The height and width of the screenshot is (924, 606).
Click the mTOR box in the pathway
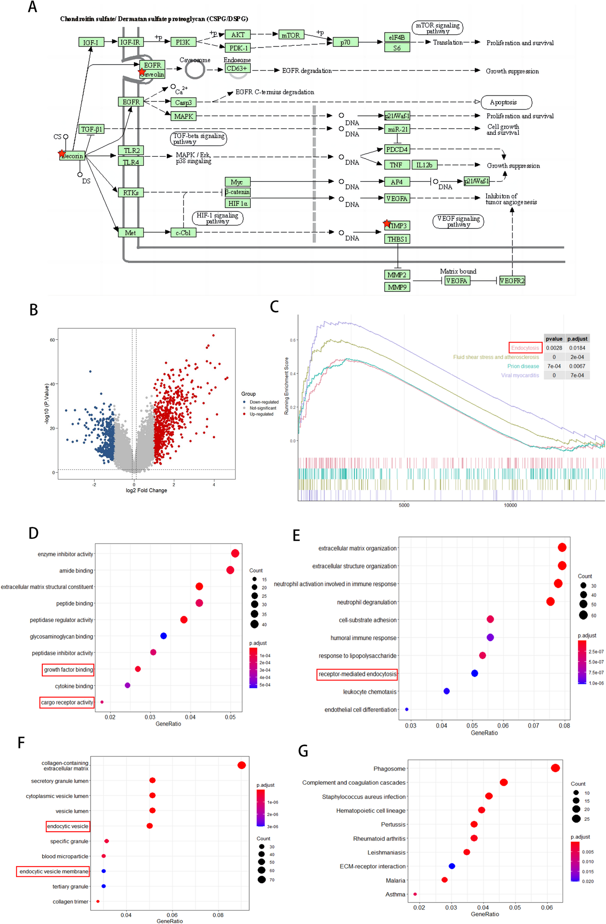(x=291, y=35)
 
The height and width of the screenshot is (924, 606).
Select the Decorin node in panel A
(x=72, y=156)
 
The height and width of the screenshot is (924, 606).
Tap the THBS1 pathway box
(x=397, y=239)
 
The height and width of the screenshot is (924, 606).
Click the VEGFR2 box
(x=512, y=281)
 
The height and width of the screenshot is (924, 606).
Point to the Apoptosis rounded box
(x=506, y=102)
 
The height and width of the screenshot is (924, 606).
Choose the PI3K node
(x=183, y=42)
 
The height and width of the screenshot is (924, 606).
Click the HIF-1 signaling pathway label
(x=218, y=218)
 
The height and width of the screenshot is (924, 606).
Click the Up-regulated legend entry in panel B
(x=261, y=414)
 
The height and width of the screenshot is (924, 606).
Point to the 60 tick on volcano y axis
(x=52, y=340)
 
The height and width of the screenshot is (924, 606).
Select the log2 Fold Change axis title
(x=146, y=490)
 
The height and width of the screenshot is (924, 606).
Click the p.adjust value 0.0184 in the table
(x=577, y=348)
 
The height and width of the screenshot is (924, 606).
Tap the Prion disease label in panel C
(x=523, y=366)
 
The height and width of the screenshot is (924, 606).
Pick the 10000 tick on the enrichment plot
(x=510, y=505)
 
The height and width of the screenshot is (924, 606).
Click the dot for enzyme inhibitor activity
(x=235, y=553)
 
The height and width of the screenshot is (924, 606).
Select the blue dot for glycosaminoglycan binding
(x=164, y=636)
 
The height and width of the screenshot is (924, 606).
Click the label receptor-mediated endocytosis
(x=357, y=674)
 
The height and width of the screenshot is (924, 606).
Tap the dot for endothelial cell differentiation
(x=407, y=709)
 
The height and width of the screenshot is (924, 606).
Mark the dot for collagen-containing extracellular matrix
(x=241, y=765)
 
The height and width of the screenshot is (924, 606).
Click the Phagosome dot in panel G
(x=555, y=768)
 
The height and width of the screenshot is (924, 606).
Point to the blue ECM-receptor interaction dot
(x=452, y=866)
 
